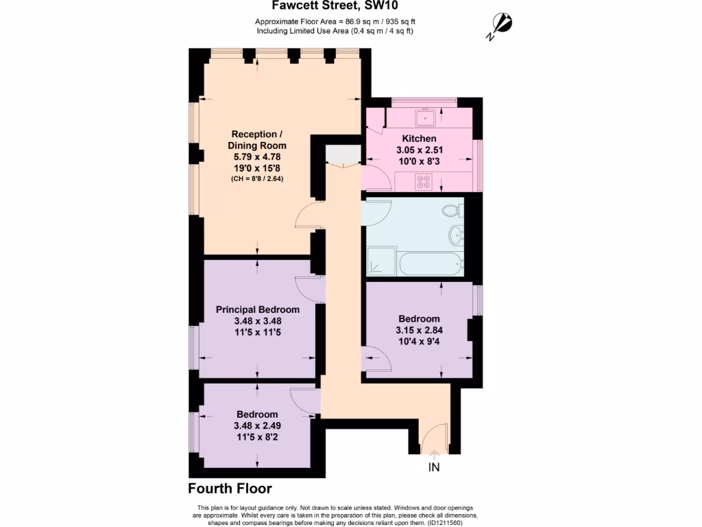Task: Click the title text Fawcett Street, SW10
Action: coord(335,6)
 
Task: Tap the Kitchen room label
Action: coord(419,139)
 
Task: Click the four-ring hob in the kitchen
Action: coord(423,183)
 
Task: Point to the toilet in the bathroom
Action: coord(452,210)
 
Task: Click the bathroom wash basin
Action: coord(457,236)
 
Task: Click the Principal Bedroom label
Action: coord(258,309)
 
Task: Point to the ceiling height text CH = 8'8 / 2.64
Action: coord(257,178)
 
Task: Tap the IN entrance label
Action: coord(434,468)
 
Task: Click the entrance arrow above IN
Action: coord(434,452)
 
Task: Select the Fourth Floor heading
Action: coord(230,489)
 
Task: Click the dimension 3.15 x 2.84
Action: coord(419,330)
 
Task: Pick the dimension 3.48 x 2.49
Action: coord(257,425)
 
